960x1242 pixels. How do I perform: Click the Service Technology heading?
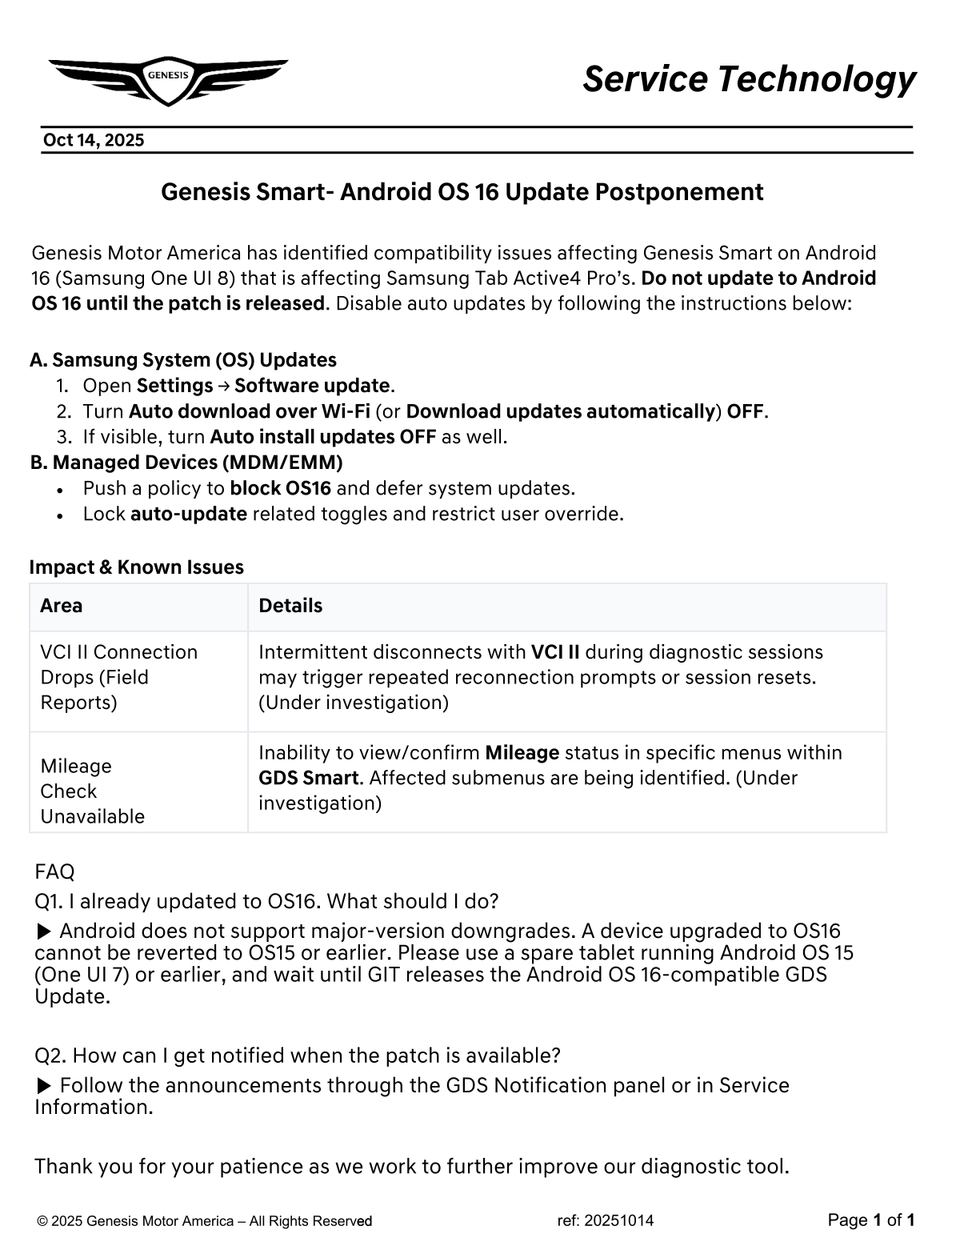point(749,79)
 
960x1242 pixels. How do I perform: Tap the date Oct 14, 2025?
point(94,141)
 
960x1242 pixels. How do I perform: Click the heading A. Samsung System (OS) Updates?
point(183,360)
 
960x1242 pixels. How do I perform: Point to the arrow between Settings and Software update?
point(223,387)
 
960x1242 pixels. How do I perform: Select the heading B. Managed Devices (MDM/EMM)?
point(186,463)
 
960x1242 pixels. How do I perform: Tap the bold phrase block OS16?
point(280,488)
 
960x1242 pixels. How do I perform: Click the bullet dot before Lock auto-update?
point(61,515)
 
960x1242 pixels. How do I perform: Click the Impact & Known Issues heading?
point(137,567)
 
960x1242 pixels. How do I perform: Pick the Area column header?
point(62,606)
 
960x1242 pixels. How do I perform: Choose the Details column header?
point(290,606)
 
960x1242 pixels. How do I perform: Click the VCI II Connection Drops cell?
point(118,677)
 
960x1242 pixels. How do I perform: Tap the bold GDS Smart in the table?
point(308,778)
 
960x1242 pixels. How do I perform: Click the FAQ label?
point(54,871)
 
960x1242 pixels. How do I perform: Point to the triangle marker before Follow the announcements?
point(46,1086)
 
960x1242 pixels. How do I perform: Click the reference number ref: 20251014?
point(606,1220)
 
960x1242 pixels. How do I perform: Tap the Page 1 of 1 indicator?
point(871,1220)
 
